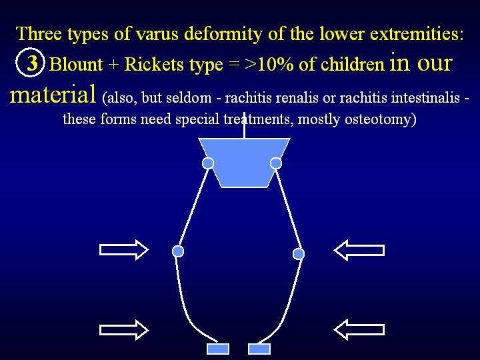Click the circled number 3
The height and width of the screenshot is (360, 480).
30,63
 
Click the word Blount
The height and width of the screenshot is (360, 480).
76,65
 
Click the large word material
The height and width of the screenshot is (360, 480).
53,94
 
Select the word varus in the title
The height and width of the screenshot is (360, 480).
157,34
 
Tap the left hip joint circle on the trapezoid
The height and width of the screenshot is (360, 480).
208,163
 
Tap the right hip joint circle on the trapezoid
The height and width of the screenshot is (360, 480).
276,163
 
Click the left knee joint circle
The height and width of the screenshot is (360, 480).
178,251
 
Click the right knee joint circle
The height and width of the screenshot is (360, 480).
299,254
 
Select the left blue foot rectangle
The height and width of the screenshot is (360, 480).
217,349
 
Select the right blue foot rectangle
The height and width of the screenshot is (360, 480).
259,349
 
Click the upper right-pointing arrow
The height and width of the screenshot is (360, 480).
124,250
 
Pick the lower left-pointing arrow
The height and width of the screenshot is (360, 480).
359,329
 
